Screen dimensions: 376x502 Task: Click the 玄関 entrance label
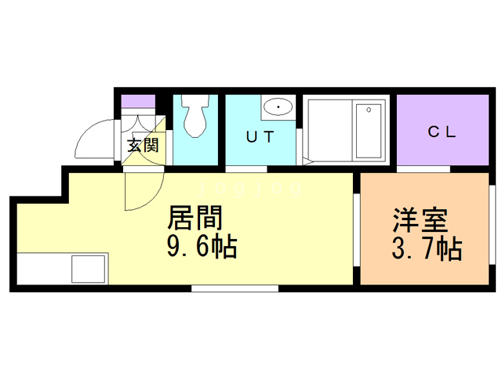144,144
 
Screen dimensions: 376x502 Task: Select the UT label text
260,136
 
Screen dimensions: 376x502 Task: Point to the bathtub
367,130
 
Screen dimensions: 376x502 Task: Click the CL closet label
442,132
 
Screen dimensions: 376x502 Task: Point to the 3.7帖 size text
426,249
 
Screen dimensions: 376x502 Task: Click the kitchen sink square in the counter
89,269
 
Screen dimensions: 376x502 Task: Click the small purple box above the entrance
138,100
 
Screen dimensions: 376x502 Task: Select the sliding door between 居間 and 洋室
357,227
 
